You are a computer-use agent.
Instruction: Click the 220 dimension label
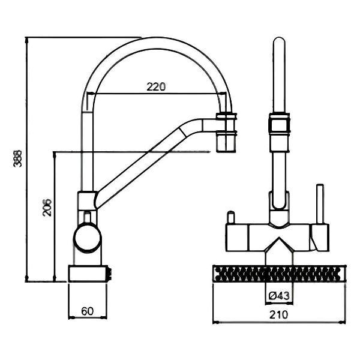pyautogui.click(x=156, y=86)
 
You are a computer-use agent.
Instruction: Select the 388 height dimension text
pyautogui.click(x=19, y=158)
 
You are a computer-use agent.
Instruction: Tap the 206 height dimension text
pyautogui.click(x=47, y=207)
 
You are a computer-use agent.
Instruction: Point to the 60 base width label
pyautogui.click(x=87, y=311)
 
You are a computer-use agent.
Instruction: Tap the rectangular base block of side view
pyautogui.click(x=89, y=273)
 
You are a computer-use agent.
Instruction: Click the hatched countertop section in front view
pyautogui.click(x=279, y=274)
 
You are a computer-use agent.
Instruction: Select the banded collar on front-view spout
pyautogui.click(x=280, y=125)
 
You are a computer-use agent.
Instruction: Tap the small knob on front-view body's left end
pyautogui.click(x=229, y=215)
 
